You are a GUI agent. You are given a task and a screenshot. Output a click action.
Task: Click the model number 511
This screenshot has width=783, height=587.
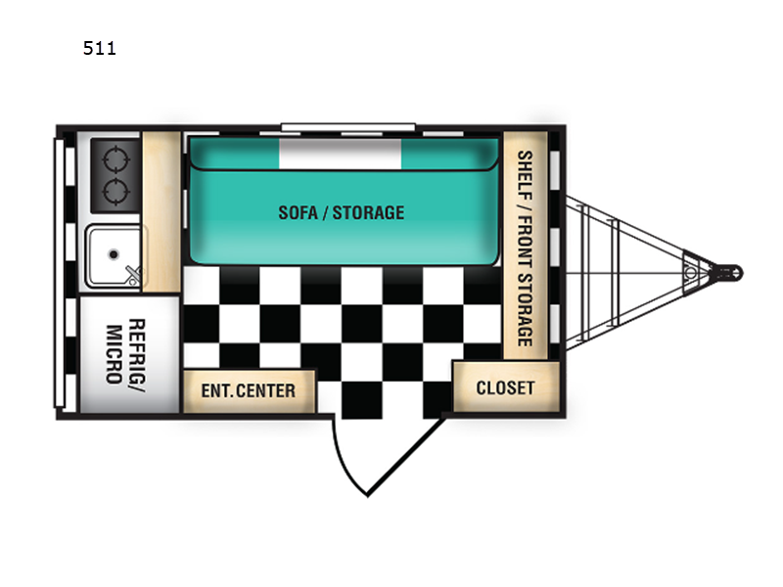(100, 48)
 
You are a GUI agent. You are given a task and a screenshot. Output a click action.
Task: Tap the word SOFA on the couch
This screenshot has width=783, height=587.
(298, 212)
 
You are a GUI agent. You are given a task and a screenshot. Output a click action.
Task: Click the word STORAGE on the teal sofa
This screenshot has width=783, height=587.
(369, 212)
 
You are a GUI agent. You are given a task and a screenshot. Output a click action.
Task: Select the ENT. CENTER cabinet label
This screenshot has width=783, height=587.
(249, 390)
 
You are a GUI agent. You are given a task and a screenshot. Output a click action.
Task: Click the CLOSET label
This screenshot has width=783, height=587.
(505, 387)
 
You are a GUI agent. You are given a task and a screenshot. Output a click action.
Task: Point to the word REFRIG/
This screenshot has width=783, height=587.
(137, 355)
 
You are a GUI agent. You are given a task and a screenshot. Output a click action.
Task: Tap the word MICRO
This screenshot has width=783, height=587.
(114, 354)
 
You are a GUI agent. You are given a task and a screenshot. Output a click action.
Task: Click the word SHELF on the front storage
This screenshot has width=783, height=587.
(525, 175)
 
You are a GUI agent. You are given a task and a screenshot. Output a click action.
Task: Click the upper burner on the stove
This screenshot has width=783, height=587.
(115, 159)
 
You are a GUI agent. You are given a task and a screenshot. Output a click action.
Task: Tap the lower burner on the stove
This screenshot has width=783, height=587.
(115, 191)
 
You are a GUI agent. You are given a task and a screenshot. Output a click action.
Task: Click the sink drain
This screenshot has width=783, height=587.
(114, 254)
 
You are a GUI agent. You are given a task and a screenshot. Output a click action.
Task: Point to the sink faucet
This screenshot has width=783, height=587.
(133, 275)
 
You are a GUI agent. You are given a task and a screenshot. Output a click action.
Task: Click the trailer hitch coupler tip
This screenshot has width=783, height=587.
(738, 273)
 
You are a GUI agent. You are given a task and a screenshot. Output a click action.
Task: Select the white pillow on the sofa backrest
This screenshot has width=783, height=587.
(340, 154)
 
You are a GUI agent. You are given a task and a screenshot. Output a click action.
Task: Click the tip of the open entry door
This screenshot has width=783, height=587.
(368, 495)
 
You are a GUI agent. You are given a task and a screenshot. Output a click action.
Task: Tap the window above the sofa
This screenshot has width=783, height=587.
(348, 127)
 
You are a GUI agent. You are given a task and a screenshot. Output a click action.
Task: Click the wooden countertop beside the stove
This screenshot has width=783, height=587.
(161, 211)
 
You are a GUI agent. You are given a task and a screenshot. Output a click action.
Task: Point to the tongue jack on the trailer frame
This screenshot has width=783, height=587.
(691, 273)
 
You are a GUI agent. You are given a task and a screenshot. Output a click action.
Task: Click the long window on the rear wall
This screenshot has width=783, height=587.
(60, 274)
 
